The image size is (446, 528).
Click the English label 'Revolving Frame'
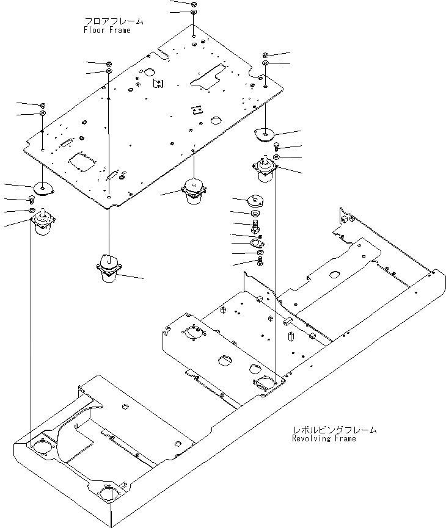click(x=324, y=438)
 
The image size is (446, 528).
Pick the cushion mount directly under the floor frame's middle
click(x=194, y=190)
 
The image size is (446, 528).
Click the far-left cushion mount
click(x=43, y=221)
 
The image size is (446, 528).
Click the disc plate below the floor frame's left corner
click(x=43, y=189)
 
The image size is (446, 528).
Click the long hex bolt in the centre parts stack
click(x=255, y=227)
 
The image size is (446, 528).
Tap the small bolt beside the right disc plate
click(x=276, y=146)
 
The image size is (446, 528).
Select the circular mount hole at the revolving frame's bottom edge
click(x=109, y=492)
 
